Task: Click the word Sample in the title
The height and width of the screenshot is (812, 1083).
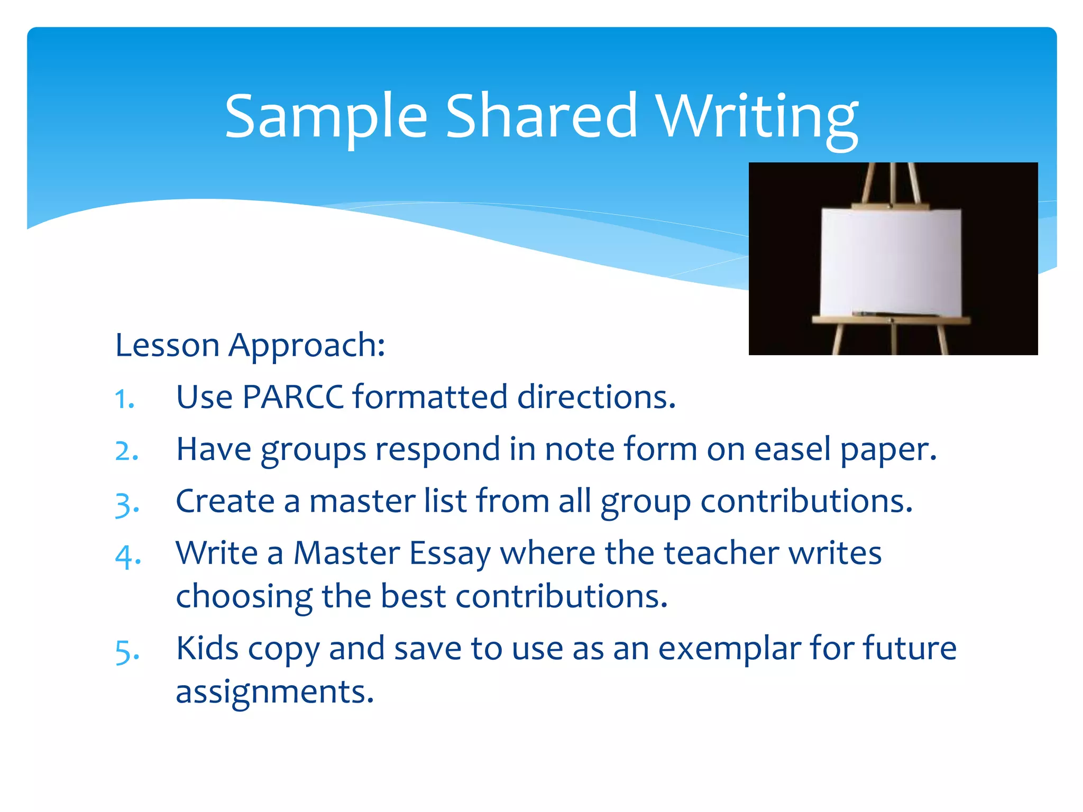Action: pos(326,116)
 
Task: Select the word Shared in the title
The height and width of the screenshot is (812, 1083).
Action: pos(541,116)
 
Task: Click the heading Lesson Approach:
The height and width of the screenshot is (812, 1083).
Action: pos(250,346)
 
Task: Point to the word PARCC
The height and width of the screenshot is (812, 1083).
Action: pos(293,397)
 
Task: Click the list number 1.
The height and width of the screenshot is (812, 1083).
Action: pos(125,399)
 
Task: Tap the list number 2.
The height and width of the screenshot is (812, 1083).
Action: pos(127,451)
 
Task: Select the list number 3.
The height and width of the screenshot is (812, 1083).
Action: pos(127,504)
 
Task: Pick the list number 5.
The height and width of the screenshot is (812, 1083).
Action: pos(127,651)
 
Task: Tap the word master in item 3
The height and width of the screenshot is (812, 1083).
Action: pos(362,501)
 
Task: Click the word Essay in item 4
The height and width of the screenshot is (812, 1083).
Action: pos(450,554)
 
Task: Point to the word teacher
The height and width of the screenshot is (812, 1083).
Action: pos(721,553)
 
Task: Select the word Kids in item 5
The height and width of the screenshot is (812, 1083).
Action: pos(207,649)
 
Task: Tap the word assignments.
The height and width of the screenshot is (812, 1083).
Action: pos(274,692)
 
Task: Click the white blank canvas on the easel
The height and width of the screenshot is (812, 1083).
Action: pos(891,262)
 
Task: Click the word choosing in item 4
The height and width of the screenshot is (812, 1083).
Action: pos(244,597)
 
